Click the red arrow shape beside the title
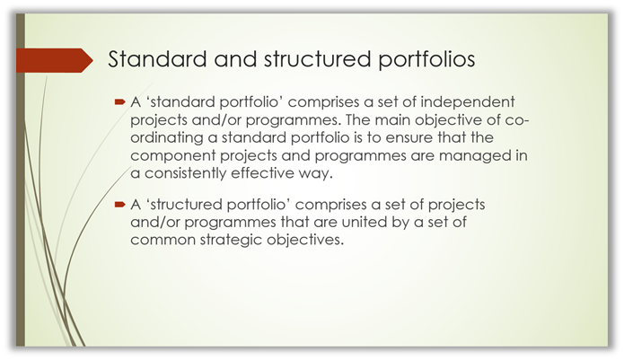pyautogui.click(x=55, y=60)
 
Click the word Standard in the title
pyautogui.click(x=158, y=59)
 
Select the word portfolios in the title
pyautogui.click(x=426, y=59)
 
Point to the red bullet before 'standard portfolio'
pyautogui.click(x=119, y=102)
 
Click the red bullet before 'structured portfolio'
pyautogui.click(x=119, y=205)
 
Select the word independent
pyautogui.click(x=468, y=102)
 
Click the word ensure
pyautogui.click(x=409, y=138)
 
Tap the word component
pyautogui.click(x=173, y=156)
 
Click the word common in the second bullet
pyautogui.click(x=163, y=241)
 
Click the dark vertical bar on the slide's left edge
pyautogui.click(x=21, y=180)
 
